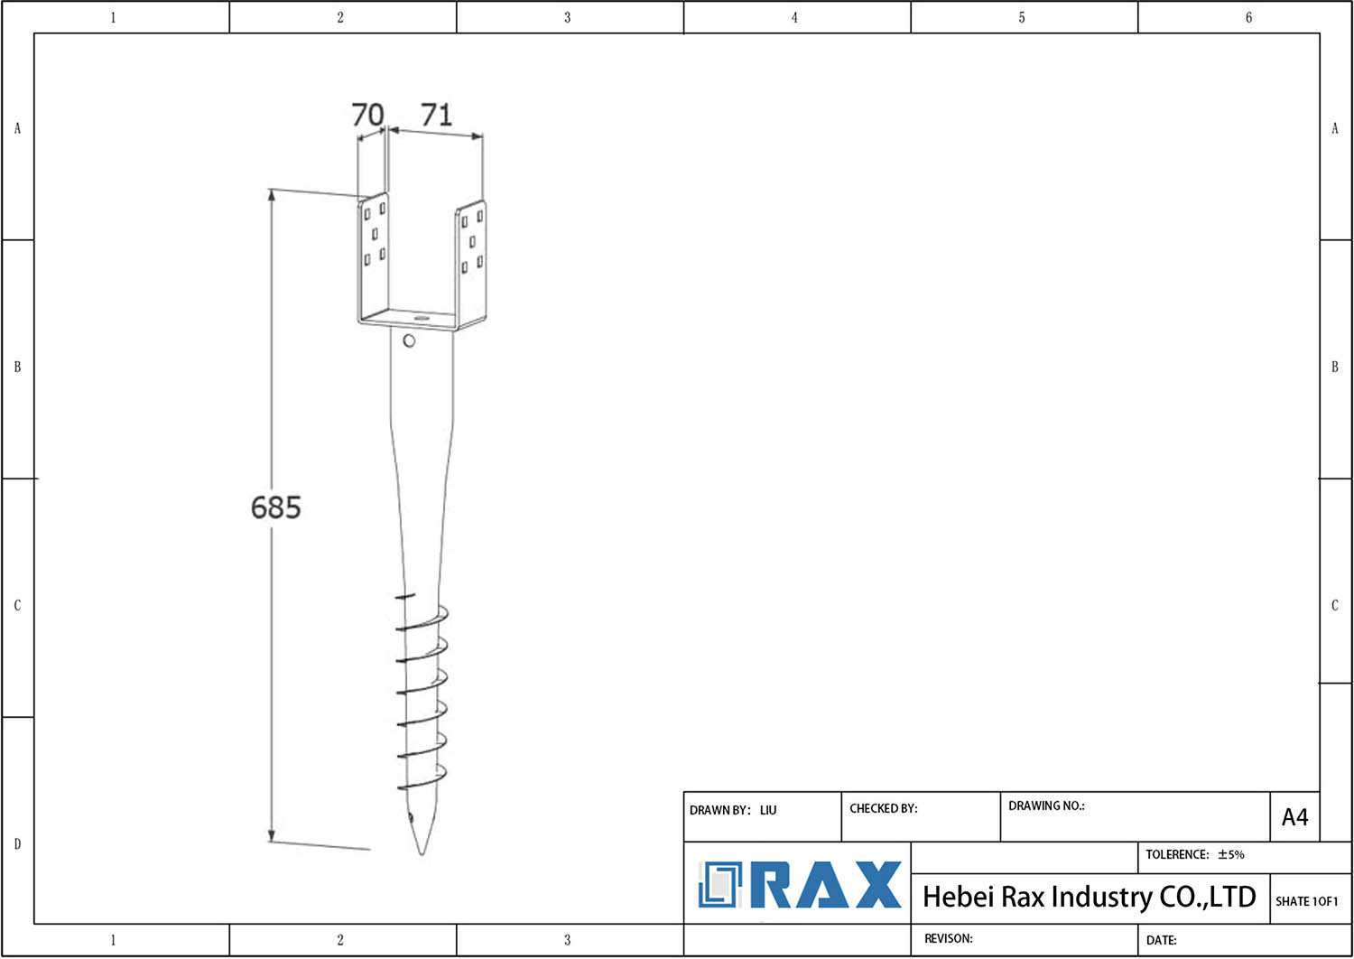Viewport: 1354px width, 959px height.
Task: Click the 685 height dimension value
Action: [275, 507]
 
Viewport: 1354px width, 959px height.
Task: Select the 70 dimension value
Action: [367, 115]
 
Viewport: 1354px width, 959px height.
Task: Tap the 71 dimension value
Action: [436, 115]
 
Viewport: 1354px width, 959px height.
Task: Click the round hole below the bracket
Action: [409, 341]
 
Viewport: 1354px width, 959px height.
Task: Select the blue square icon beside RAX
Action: [719, 885]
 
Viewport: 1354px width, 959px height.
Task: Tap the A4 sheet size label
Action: [1294, 817]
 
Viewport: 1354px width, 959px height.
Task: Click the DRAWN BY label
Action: [719, 810]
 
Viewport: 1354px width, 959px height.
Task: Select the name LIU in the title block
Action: [768, 810]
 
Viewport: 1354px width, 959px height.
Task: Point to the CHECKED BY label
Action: [883, 808]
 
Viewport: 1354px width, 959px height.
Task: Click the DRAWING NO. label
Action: [1046, 805]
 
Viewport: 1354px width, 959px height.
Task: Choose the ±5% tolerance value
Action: [1230, 854]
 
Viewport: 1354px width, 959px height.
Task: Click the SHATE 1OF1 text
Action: [1306, 901]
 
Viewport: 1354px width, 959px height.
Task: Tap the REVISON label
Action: [948, 938]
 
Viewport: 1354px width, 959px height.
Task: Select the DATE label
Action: [1161, 940]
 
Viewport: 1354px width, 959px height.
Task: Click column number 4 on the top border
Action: [794, 17]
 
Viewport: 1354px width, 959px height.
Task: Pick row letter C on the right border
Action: [1335, 605]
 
